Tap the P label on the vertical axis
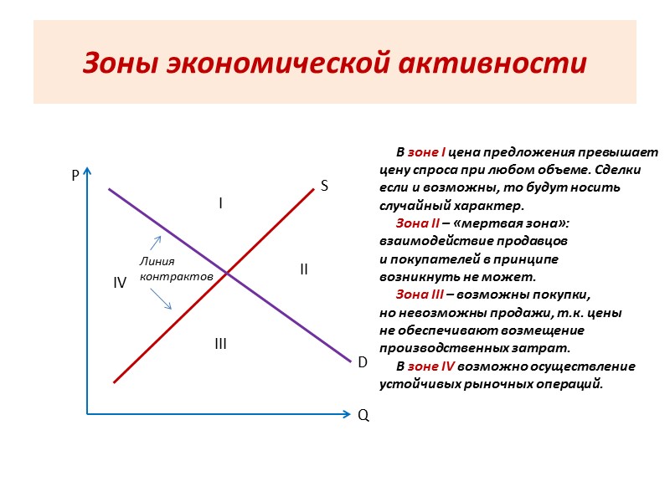pos(75,177)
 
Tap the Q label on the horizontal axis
pos(363,415)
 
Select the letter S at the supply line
pos(323,187)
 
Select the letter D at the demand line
pos(363,363)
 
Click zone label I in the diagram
pos(220,203)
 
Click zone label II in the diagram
pos(304,269)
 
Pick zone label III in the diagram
pos(220,344)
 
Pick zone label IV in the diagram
pos(120,284)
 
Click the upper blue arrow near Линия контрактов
pos(156,243)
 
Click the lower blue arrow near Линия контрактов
pos(162,299)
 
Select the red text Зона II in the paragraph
pos(418,223)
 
